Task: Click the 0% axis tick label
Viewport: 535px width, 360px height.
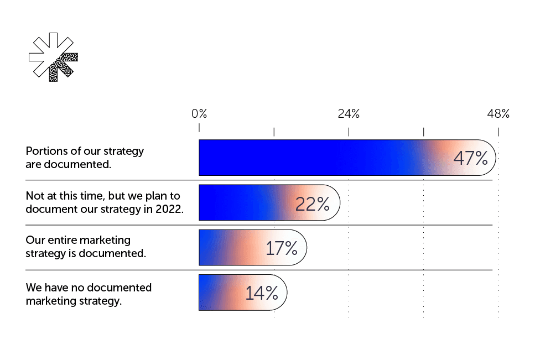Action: click(x=199, y=114)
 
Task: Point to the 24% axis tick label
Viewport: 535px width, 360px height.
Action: click(x=349, y=114)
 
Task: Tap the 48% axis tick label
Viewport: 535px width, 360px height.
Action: click(x=498, y=114)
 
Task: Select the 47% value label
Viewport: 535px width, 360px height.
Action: click(x=470, y=158)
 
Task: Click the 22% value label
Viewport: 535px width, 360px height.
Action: click(x=312, y=204)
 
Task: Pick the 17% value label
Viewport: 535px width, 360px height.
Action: click(x=282, y=248)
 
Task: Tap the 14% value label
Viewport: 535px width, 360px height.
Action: click(x=261, y=293)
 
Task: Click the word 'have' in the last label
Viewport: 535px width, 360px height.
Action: click(x=55, y=288)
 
